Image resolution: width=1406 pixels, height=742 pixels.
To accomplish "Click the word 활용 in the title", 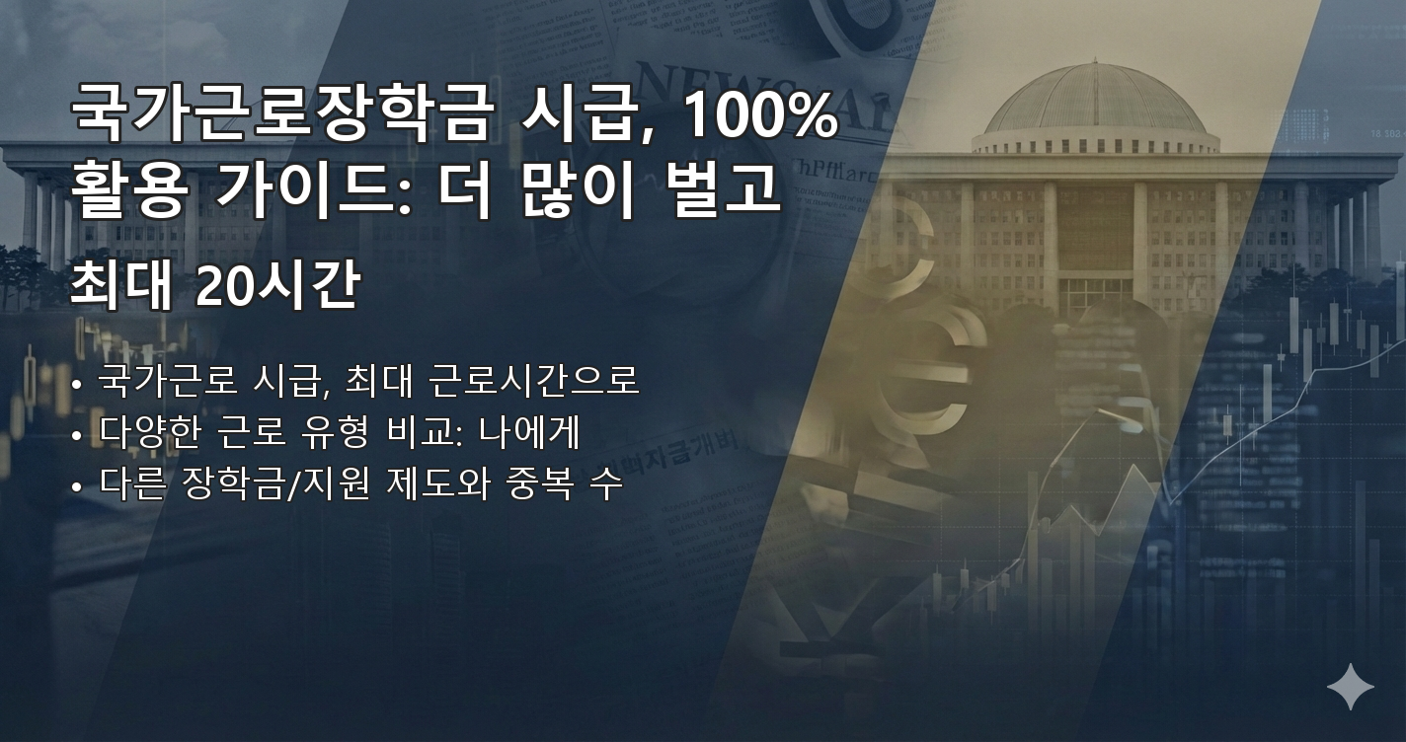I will click(x=126, y=192).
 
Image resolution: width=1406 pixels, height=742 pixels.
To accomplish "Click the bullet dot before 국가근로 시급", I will click(x=77, y=383).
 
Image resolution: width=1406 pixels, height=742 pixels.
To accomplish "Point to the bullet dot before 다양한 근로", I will click(x=77, y=434).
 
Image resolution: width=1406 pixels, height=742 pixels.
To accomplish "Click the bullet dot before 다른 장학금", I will click(x=77, y=486).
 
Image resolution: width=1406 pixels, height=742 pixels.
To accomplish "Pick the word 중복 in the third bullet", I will click(x=541, y=484).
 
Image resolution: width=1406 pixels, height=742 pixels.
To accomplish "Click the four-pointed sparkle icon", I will click(x=1350, y=686).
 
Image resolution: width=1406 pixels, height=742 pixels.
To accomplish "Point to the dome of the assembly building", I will click(x=1096, y=99).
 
